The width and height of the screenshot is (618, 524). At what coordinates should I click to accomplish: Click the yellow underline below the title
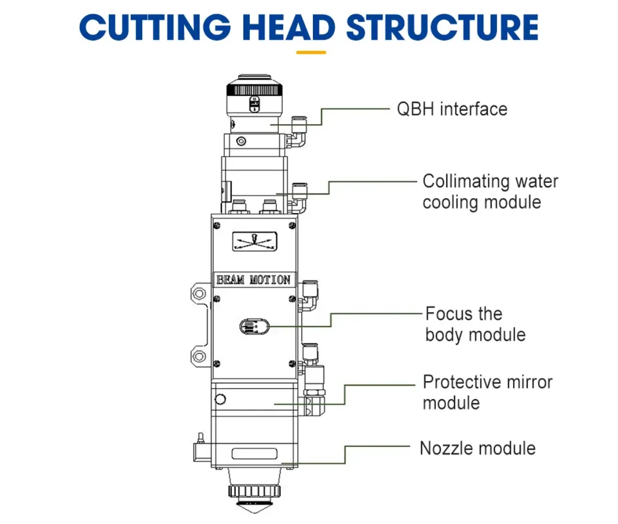click(311, 53)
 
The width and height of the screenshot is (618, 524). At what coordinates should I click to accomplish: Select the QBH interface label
click(452, 109)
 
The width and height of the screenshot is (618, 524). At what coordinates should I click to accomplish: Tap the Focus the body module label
click(475, 324)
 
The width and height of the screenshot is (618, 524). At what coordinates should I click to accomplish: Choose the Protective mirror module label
click(487, 392)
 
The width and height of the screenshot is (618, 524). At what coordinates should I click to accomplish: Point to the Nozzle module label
click(477, 448)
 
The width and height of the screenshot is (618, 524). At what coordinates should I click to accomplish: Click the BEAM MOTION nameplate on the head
click(254, 280)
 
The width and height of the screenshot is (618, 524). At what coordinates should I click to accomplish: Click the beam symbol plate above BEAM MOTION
click(254, 242)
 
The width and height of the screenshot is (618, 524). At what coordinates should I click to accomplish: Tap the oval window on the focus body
click(254, 326)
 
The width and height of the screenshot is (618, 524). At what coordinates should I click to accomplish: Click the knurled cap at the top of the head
click(254, 89)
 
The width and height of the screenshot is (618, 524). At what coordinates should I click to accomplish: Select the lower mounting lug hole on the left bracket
click(197, 357)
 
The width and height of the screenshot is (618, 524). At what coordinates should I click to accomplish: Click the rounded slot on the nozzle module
click(254, 454)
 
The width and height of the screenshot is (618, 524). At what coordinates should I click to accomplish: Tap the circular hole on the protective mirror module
click(221, 399)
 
